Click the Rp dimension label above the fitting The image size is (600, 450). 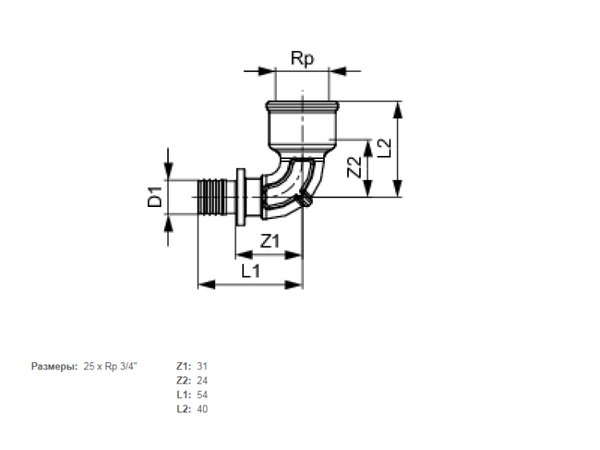point(302,59)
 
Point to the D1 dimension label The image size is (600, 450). point(155,197)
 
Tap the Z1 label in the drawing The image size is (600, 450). point(270,241)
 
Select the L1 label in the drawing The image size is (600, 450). point(250,271)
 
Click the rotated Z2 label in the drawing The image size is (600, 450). point(354,167)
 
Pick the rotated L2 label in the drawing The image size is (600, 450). point(385,148)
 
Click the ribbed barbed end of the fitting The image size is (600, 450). point(212,197)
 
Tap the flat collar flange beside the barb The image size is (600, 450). point(241,197)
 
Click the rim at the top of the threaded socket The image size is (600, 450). point(302,105)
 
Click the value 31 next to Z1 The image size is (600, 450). point(202,366)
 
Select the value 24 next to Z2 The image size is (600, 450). point(202,380)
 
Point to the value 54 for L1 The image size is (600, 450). point(202,395)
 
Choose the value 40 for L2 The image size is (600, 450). point(202,409)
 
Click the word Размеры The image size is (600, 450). point(54,367)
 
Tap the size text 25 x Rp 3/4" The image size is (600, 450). point(110,366)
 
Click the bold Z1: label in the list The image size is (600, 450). point(184,366)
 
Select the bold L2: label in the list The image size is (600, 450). point(184,409)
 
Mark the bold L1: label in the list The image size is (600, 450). point(184,395)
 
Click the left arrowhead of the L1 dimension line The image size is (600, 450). point(206,285)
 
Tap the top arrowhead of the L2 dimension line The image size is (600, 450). point(398,110)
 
